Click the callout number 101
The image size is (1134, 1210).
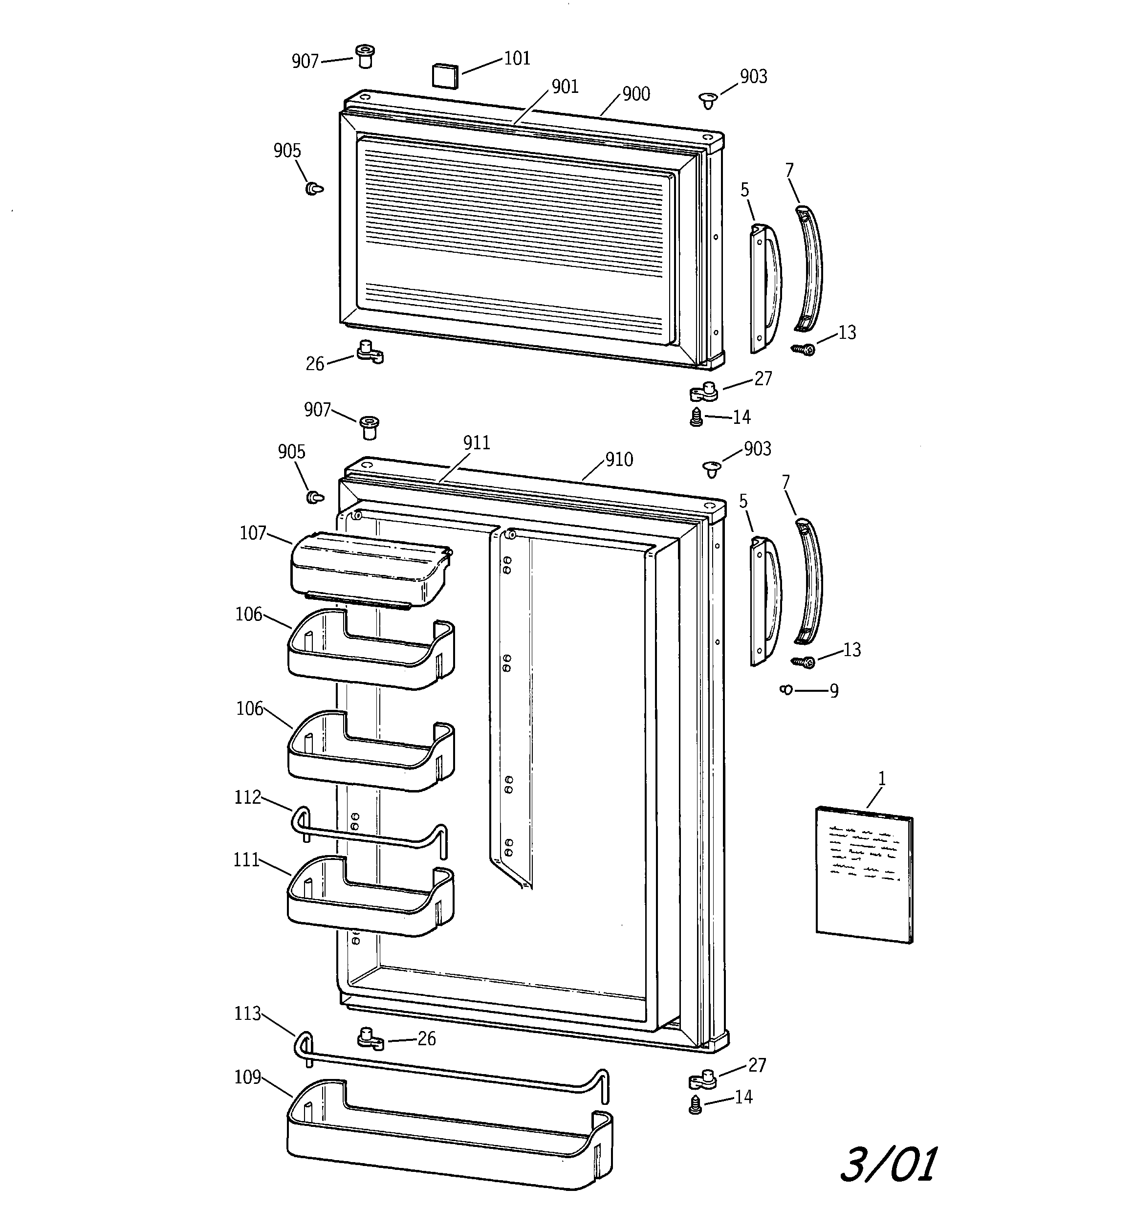point(518,59)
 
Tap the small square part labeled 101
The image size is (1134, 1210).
point(445,75)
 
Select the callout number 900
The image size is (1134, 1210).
point(636,94)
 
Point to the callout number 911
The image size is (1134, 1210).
point(477,443)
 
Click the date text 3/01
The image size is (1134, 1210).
point(889,1165)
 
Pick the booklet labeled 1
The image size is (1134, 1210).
point(864,875)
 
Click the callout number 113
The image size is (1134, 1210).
point(248,1013)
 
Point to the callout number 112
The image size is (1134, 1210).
point(248,797)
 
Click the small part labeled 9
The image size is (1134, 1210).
point(786,690)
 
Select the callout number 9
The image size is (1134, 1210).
point(834,691)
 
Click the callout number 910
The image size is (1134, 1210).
point(619,460)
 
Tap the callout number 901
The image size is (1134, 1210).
point(565,87)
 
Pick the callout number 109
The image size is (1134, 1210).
point(248,1078)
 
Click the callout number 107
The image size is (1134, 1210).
point(253,533)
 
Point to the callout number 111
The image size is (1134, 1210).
point(246,860)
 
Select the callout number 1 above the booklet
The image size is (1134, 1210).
point(881,778)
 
